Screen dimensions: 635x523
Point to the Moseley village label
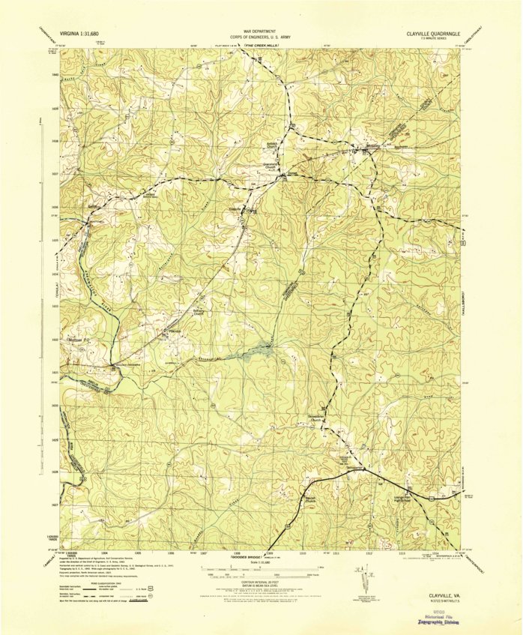[x=361, y=147]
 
